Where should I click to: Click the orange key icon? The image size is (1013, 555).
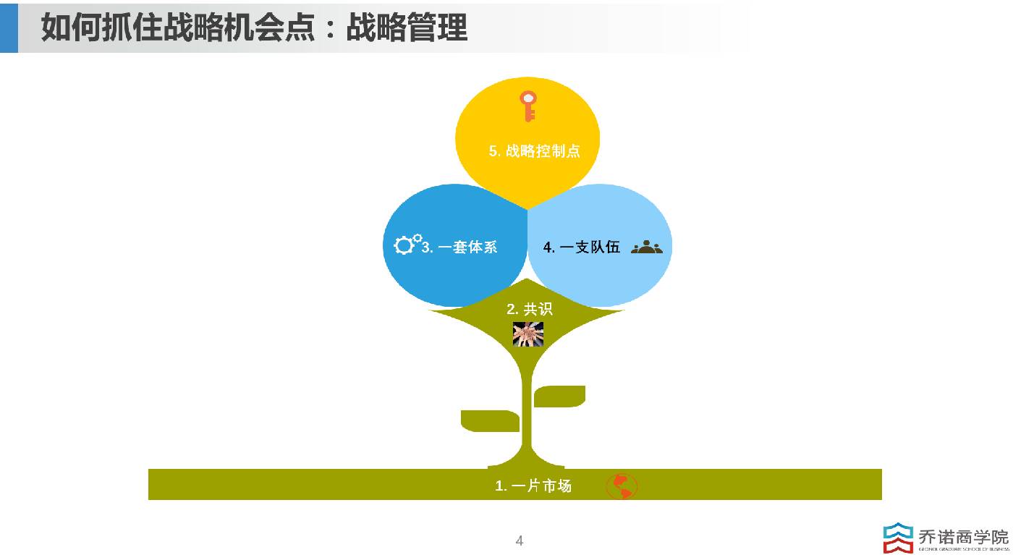(x=528, y=106)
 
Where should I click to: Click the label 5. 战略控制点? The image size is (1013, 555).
(x=534, y=151)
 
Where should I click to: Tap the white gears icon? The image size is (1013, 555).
(x=407, y=244)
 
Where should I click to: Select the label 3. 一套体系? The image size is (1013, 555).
(x=459, y=247)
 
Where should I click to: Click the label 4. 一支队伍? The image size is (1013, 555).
(x=582, y=247)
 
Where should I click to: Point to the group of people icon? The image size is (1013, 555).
(x=646, y=247)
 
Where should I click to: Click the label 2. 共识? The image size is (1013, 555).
(x=529, y=309)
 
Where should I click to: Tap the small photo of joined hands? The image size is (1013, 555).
(x=527, y=334)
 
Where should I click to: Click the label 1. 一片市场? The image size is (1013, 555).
(x=533, y=486)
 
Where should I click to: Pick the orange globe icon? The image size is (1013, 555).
(x=622, y=486)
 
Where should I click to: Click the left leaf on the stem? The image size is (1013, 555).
(x=490, y=420)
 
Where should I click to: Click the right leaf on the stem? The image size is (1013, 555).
(x=559, y=396)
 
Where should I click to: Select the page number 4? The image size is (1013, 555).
(x=519, y=541)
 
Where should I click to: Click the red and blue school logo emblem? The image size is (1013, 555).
(x=898, y=538)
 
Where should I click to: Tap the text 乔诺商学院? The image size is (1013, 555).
(x=963, y=536)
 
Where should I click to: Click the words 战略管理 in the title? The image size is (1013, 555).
(x=407, y=27)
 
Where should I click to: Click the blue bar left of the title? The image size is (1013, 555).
(x=9, y=27)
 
